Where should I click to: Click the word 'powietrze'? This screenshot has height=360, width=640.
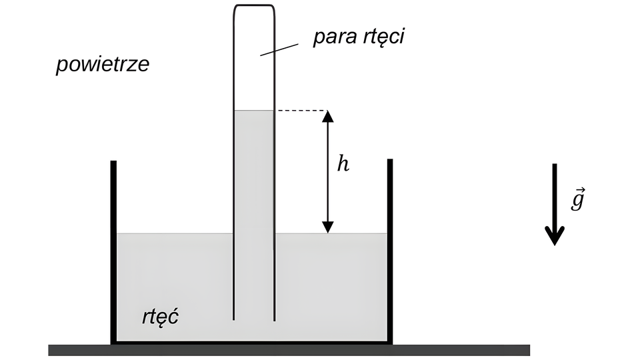point(102,65)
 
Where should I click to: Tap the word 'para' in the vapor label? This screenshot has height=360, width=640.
point(333,37)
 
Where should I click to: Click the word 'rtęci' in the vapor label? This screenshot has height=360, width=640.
point(381,37)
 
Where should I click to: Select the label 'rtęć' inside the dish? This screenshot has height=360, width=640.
point(159,315)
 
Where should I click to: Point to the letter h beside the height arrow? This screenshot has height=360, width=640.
point(343,164)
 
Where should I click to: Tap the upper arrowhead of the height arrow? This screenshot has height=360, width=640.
point(327,117)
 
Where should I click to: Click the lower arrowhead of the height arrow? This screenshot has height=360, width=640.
point(327,226)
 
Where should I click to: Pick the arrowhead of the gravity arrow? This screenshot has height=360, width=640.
point(554,235)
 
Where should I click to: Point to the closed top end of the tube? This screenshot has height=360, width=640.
point(254,6)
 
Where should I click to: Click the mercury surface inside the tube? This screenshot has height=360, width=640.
point(254,111)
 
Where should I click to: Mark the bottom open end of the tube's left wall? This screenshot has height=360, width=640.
point(233,318)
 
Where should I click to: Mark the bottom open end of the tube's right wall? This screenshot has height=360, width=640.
point(275,318)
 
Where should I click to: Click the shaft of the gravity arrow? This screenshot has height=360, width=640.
point(554,193)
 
